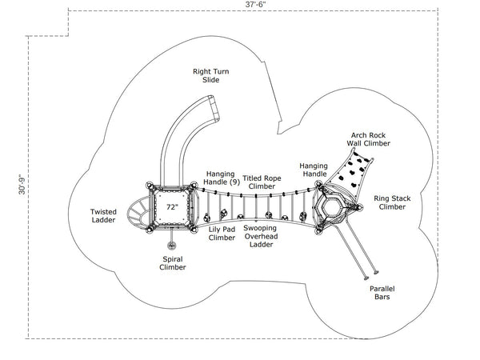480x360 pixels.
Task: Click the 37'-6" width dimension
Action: pyautogui.click(x=255, y=5)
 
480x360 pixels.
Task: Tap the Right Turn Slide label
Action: pyautogui.click(x=211, y=76)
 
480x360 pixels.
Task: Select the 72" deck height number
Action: pyautogui.click(x=171, y=206)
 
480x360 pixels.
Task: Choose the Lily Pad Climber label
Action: pyautogui.click(x=222, y=233)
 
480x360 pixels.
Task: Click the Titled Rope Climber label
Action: pyautogui.click(x=261, y=182)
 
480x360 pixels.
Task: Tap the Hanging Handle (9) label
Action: pyautogui.click(x=222, y=178)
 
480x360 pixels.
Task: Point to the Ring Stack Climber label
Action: pyautogui.click(x=392, y=202)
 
